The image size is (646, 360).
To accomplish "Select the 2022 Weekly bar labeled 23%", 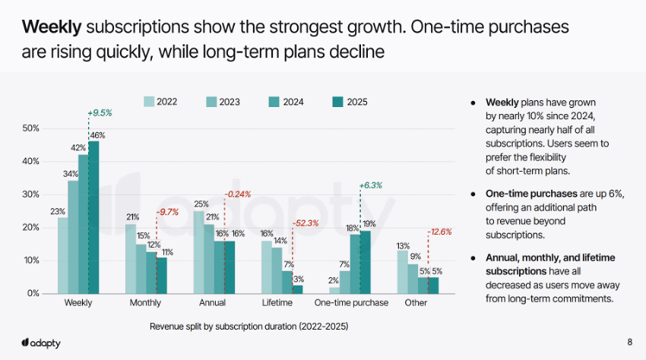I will (x=62, y=255).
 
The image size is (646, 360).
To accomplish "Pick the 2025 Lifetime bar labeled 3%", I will (x=297, y=289).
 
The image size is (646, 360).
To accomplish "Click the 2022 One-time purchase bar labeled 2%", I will (x=334, y=290).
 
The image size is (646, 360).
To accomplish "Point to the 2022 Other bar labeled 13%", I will (x=403, y=272).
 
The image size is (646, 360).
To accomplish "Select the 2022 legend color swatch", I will (x=149, y=102).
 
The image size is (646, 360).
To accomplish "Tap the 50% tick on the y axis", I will (x=30, y=128).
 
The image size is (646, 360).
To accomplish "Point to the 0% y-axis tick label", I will (x=33, y=293).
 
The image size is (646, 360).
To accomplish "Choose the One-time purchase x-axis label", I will (x=351, y=303).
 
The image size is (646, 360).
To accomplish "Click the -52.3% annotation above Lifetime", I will (x=306, y=223).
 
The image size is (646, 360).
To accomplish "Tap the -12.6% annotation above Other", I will (x=441, y=232).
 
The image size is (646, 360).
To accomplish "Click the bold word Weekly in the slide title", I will (x=51, y=28).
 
